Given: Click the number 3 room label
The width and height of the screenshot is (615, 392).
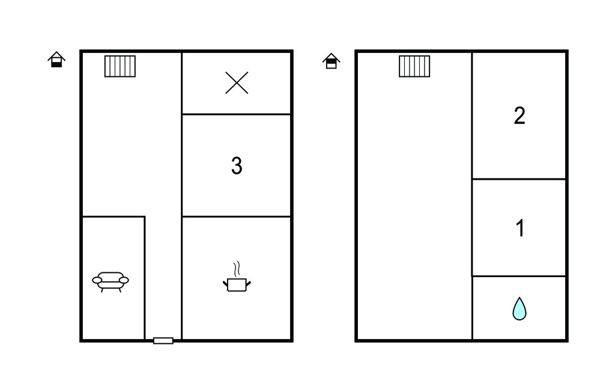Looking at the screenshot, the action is pyautogui.click(x=237, y=165).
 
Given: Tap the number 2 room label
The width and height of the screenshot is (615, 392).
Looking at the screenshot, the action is pyautogui.click(x=520, y=116).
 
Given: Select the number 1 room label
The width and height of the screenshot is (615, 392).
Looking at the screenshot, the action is pyautogui.click(x=520, y=228).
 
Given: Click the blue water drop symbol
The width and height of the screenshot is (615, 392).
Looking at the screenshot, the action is pyautogui.click(x=520, y=308).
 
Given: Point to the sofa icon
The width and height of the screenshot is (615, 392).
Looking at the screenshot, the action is pyautogui.click(x=111, y=281).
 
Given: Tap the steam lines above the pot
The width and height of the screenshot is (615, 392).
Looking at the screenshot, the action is pyautogui.click(x=237, y=269).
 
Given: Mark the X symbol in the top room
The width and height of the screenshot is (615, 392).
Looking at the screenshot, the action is pyautogui.click(x=237, y=83).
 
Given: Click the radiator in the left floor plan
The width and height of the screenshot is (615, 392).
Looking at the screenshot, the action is pyautogui.click(x=120, y=66).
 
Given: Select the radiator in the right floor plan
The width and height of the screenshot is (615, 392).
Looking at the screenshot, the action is pyautogui.click(x=414, y=66).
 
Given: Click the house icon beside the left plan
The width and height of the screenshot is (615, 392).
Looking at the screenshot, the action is pyautogui.click(x=56, y=60).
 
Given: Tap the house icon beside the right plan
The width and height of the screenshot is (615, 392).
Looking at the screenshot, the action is pyautogui.click(x=332, y=61).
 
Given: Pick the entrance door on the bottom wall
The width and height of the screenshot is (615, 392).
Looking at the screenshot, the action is pyautogui.click(x=163, y=340).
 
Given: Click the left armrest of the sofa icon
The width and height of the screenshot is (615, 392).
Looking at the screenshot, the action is pyautogui.click(x=97, y=280).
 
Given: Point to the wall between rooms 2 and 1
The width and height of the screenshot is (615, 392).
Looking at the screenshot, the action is pyautogui.click(x=519, y=179).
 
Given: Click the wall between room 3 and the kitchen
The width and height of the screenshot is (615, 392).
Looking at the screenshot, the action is pyautogui.click(x=237, y=216).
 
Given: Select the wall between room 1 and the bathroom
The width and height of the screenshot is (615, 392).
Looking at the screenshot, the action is pyautogui.click(x=519, y=276).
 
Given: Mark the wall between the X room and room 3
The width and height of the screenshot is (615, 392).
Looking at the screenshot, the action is pyautogui.click(x=237, y=114).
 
